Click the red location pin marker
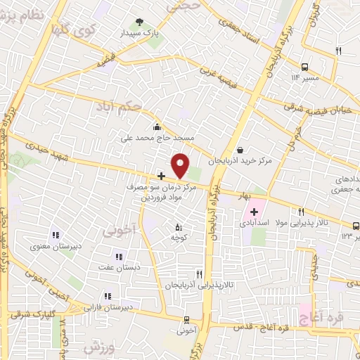(x=181, y=166)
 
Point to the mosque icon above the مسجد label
(x=156, y=127)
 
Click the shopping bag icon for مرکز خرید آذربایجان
(x=241, y=149)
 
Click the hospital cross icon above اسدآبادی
(x=254, y=211)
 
